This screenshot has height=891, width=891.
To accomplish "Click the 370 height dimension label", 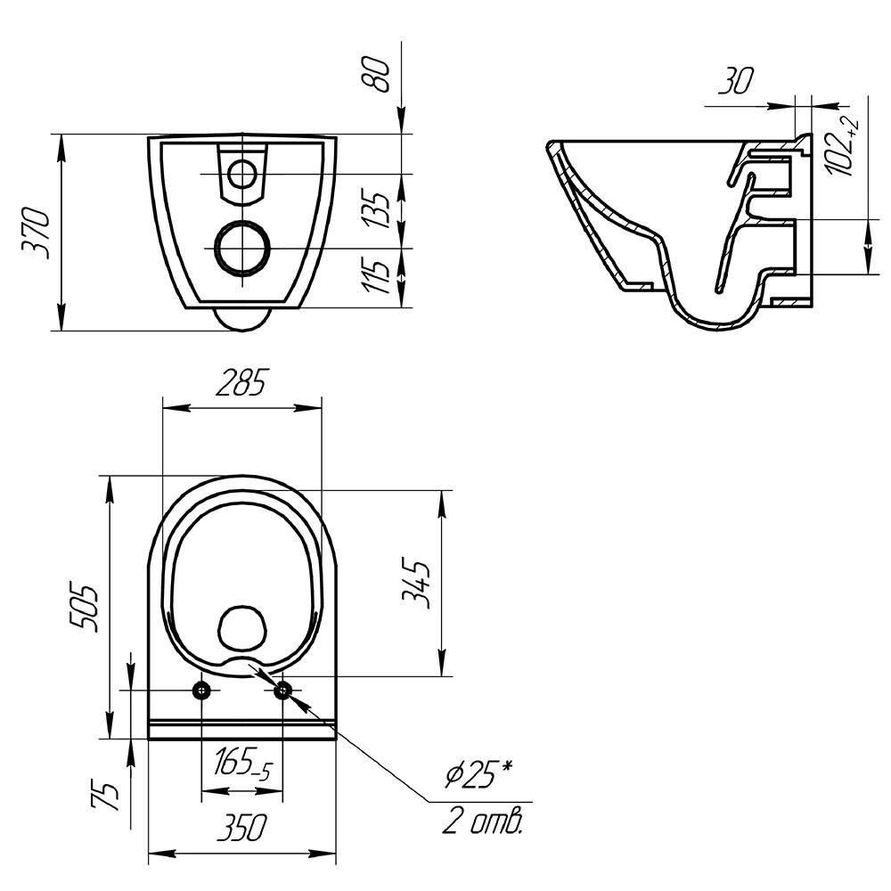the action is point(35,233).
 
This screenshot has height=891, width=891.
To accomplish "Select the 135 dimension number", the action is point(377,210).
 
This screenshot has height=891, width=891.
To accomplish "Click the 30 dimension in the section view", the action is point(736,81).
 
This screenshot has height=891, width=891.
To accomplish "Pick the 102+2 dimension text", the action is point(843,148).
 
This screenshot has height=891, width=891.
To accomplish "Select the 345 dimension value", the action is point(415,584).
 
